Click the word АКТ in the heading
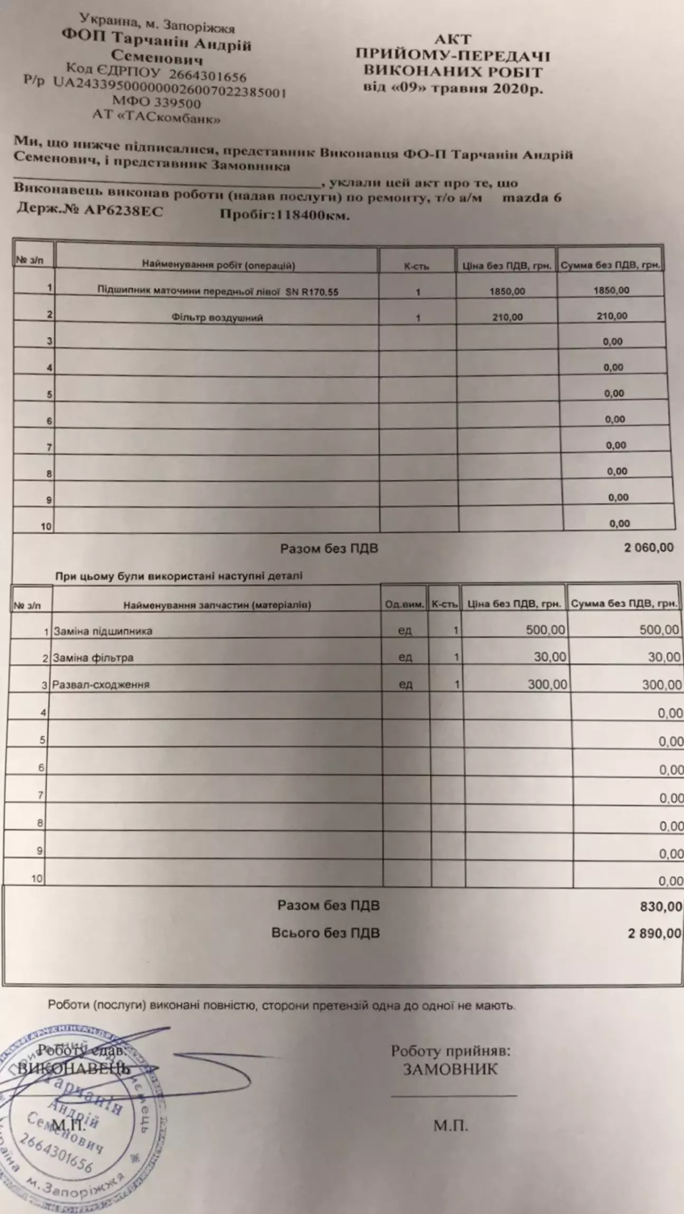452,39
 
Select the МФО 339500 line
156,102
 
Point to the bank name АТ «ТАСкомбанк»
156,116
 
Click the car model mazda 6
531,198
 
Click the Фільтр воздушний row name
217,318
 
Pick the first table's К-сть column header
416,266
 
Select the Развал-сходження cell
101,685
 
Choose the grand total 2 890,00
654,933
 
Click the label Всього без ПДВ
326,933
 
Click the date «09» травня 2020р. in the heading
453,88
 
